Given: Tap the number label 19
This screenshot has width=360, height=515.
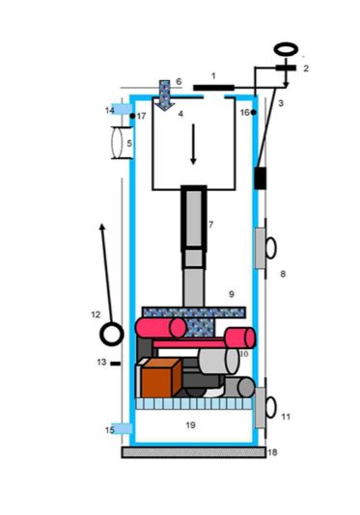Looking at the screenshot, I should click(191, 423).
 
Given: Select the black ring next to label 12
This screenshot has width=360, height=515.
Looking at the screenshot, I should click(112, 335).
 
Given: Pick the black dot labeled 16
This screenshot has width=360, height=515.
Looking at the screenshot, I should click(253, 113).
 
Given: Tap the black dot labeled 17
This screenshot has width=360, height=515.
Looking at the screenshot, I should click(132, 116).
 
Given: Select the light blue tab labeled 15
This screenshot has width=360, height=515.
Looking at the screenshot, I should click(120, 428).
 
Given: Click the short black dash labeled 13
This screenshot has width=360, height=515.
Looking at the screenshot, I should click(115, 364).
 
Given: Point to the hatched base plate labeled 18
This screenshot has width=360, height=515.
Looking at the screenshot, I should click(193, 451).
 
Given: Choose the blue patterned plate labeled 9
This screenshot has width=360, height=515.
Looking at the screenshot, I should click(193, 311).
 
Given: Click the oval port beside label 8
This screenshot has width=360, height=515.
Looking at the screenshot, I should click(271, 247).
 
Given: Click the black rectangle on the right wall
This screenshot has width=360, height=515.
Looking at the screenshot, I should click(260, 178).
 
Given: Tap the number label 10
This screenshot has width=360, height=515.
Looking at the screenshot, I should click(244, 355).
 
